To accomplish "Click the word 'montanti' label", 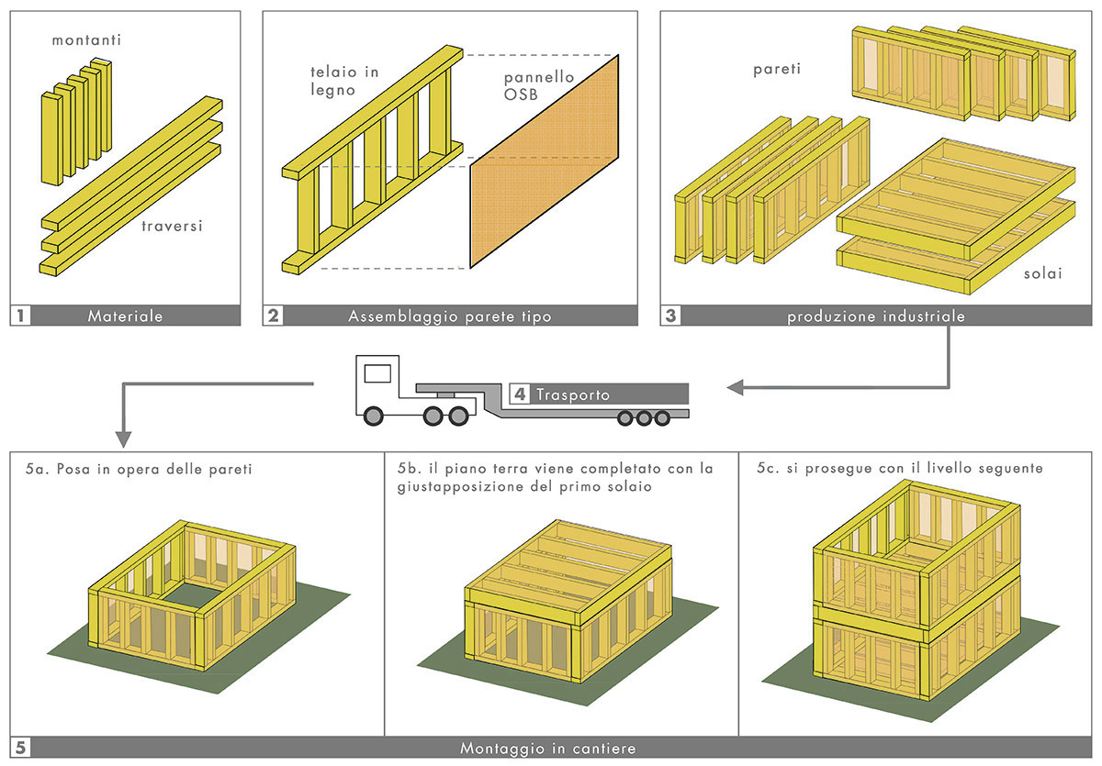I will click(x=87, y=40).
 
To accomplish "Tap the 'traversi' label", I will click(x=172, y=224).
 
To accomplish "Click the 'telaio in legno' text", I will click(x=343, y=80).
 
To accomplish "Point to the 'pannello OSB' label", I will click(x=539, y=86).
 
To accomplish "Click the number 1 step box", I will click(x=21, y=316).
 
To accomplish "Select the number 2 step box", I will click(x=273, y=316).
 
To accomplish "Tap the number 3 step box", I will click(x=671, y=316).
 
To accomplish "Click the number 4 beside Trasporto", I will click(x=521, y=394).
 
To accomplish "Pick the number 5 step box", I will click(x=21, y=748).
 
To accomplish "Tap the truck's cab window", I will click(x=377, y=373).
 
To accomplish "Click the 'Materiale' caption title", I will click(x=125, y=316).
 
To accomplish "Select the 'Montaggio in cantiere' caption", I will click(x=548, y=748).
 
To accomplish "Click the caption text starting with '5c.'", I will click(x=900, y=468).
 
